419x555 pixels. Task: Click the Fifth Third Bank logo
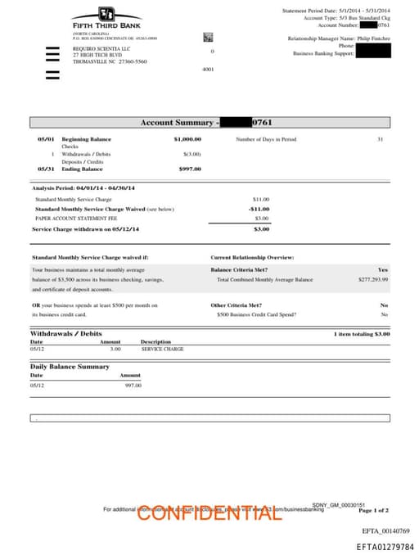click(x=106, y=18)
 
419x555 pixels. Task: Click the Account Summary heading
click(x=180, y=123)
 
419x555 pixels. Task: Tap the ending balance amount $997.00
click(x=190, y=169)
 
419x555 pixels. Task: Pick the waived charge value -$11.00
click(x=259, y=209)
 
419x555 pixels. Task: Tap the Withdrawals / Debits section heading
click(x=66, y=334)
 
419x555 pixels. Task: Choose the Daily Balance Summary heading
click(x=70, y=367)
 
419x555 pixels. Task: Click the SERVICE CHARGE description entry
click(x=162, y=349)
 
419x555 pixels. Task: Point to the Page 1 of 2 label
click(x=374, y=510)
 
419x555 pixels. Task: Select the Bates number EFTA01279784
click(x=385, y=547)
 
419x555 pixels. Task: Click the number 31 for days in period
click(x=380, y=139)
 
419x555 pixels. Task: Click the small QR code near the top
click(x=208, y=37)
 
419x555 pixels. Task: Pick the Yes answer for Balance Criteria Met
click(x=383, y=269)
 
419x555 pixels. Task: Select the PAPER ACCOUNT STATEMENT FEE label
click(x=76, y=219)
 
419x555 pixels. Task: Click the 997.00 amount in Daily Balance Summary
click(x=133, y=385)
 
